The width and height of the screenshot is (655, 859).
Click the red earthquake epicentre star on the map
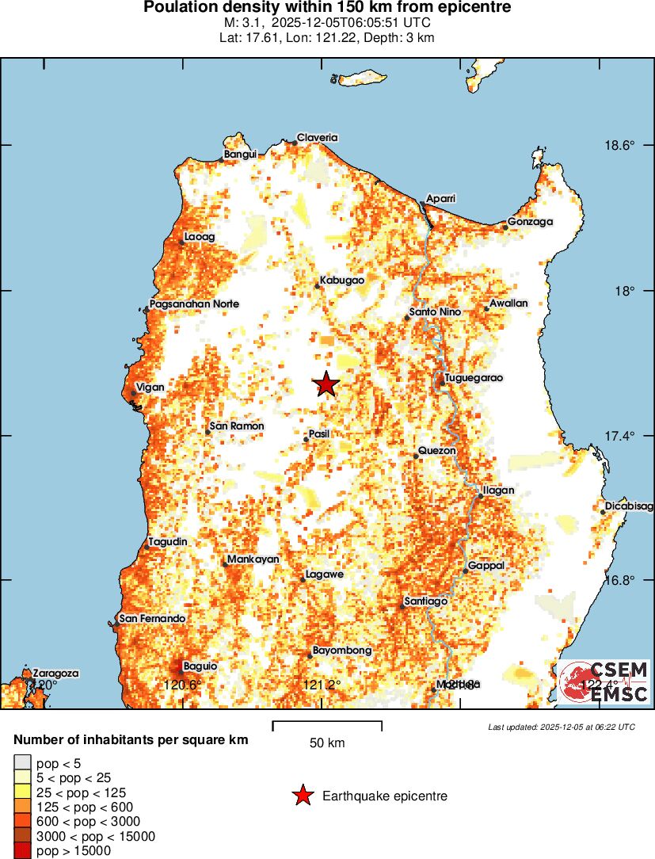[326, 384]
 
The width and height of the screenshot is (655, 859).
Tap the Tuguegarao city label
[474, 378]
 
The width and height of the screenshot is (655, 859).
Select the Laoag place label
[199, 236]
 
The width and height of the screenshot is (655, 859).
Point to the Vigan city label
[150, 388]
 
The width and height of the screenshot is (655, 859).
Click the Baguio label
[200, 666]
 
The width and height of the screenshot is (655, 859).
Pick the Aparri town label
[441, 197]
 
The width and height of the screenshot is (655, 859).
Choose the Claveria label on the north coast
[317, 137]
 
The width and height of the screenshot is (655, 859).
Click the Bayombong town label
[341, 651]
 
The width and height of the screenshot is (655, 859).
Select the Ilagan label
[498, 490]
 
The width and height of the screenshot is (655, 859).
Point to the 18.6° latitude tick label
[619, 145]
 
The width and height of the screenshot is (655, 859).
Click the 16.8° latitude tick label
[619, 580]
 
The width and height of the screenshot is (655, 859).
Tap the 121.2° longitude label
[322, 685]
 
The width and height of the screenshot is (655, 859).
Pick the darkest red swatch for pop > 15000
[21, 850]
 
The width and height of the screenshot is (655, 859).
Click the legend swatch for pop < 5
[21, 763]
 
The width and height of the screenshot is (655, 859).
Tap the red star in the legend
[302, 796]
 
